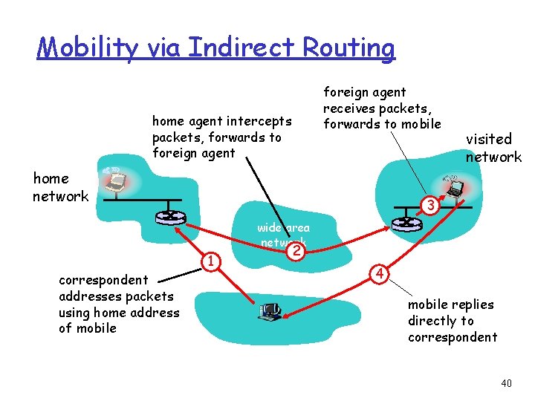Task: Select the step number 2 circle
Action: coord(296,251)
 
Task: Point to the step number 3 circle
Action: coord(429,203)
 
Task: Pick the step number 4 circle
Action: coord(379,274)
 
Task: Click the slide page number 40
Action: coord(506,383)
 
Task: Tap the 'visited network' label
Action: coord(493,148)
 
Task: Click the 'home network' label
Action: coord(60,187)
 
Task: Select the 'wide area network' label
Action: coord(283,235)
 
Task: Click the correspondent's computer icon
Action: coord(270,310)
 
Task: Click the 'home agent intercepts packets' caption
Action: coord(221,137)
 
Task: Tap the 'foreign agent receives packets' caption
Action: coord(381,108)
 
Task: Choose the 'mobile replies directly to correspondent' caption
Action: coord(452,321)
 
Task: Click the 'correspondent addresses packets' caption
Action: coord(118,304)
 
